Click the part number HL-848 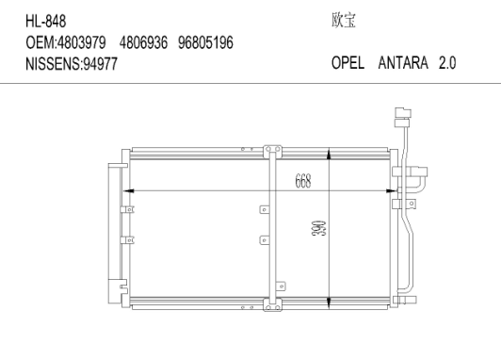[46, 20]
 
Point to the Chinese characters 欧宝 [343, 20]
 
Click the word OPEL [349, 68]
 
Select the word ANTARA [403, 68]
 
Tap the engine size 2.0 [446, 68]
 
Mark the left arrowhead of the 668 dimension [130, 190]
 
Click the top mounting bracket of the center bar [273, 150]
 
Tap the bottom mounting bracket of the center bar [273, 305]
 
